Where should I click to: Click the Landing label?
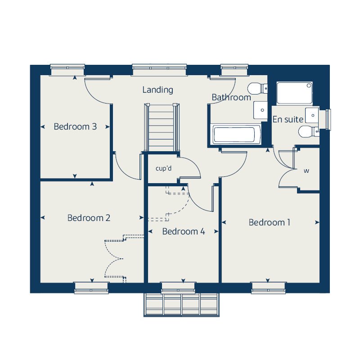pyautogui.click(x=157, y=90)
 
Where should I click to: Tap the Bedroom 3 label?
pyautogui.click(x=75, y=126)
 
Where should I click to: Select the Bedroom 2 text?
pyautogui.click(x=89, y=218)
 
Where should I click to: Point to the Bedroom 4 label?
pyautogui.click(x=184, y=231)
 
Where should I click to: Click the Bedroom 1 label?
pyautogui.click(x=269, y=222)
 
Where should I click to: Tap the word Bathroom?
pyautogui.click(x=231, y=97)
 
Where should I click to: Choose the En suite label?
pyautogui.click(x=288, y=119)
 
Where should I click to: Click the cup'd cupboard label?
pyautogui.click(x=163, y=168)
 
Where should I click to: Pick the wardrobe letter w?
pyautogui.click(x=306, y=171)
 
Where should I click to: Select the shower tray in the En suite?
pyautogui.click(x=294, y=93)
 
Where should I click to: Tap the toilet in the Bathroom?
pyautogui.click(x=257, y=88)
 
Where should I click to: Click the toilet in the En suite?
pyautogui.click(x=309, y=132)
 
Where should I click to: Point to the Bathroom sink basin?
pyautogui.click(x=261, y=110)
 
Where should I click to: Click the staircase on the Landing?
pyautogui.click(x=162, y=127)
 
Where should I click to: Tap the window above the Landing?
pyautogui.click(x=159, y=70)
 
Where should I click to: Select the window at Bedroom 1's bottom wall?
pyautogui.click(x=268, y=288)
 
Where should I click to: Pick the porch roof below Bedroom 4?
pyautogui.click(x=181, y=305)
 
